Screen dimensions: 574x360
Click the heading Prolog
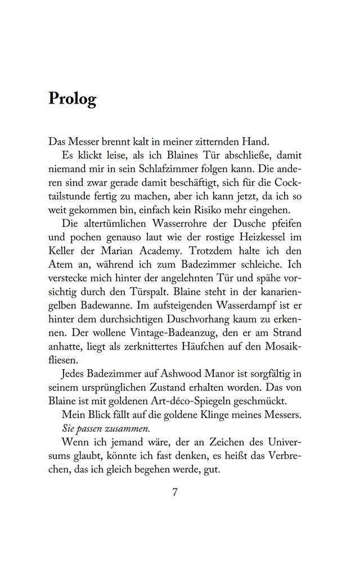tap(73, 99)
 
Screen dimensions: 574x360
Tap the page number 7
tap(175, 491)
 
